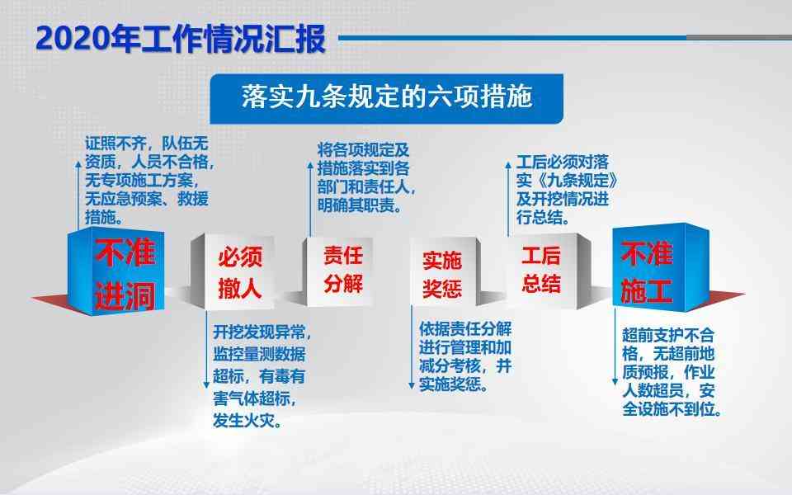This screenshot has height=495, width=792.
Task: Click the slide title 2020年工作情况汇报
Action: [181, 39]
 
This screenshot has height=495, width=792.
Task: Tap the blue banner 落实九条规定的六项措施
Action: [386, 98]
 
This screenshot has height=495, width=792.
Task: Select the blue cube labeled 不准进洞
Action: [116, 271]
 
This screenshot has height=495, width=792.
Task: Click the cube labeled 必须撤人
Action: [233, 271]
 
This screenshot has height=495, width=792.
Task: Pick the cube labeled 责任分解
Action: [338, 271]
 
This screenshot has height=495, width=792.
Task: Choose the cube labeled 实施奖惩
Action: [445, 272]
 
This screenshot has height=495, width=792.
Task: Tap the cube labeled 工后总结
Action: [548, 271]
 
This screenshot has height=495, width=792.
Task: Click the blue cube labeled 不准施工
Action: [661, 267]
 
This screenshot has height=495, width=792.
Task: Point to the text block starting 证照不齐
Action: [148, 180]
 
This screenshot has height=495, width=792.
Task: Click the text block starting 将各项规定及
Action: [365, 177]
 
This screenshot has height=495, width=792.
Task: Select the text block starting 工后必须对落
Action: [566, 190]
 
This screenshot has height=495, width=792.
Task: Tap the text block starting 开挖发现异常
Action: [262, 376]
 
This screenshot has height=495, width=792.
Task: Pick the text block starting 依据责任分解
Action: [465, 356]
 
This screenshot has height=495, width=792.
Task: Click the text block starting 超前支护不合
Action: [672, 372]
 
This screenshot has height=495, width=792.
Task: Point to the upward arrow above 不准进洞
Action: [78, 195]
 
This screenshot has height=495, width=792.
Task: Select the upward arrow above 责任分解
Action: [310, 199]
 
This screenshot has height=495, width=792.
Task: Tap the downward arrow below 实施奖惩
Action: [412, 348]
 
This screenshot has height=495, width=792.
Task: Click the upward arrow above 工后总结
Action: [508, 199]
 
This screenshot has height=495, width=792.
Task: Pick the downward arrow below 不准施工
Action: [615, 347]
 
